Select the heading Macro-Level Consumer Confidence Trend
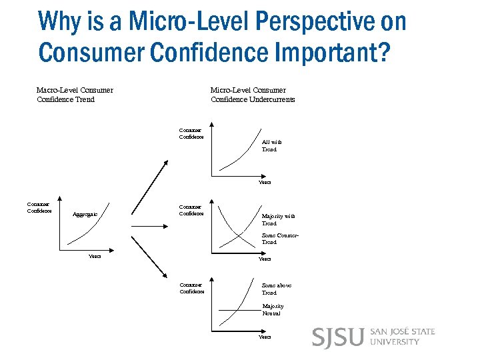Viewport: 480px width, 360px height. [75, 95]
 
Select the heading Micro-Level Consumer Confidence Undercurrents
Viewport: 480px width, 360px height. [252, 95]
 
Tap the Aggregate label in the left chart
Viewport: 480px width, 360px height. [85, 214]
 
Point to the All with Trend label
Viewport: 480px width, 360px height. [271, 146]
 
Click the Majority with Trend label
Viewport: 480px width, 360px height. [278, 220]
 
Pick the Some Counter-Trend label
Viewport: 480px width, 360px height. [279, 239]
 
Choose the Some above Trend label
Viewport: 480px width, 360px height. [276, 289]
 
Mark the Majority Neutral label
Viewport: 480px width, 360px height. [272, 309]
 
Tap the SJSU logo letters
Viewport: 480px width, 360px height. [337, 337]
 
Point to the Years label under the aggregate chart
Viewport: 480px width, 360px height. [95, 257]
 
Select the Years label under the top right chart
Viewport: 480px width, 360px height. [265, 183]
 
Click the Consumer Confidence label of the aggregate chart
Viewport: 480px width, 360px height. [38, 208]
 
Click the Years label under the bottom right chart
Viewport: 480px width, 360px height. [265, 337]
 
